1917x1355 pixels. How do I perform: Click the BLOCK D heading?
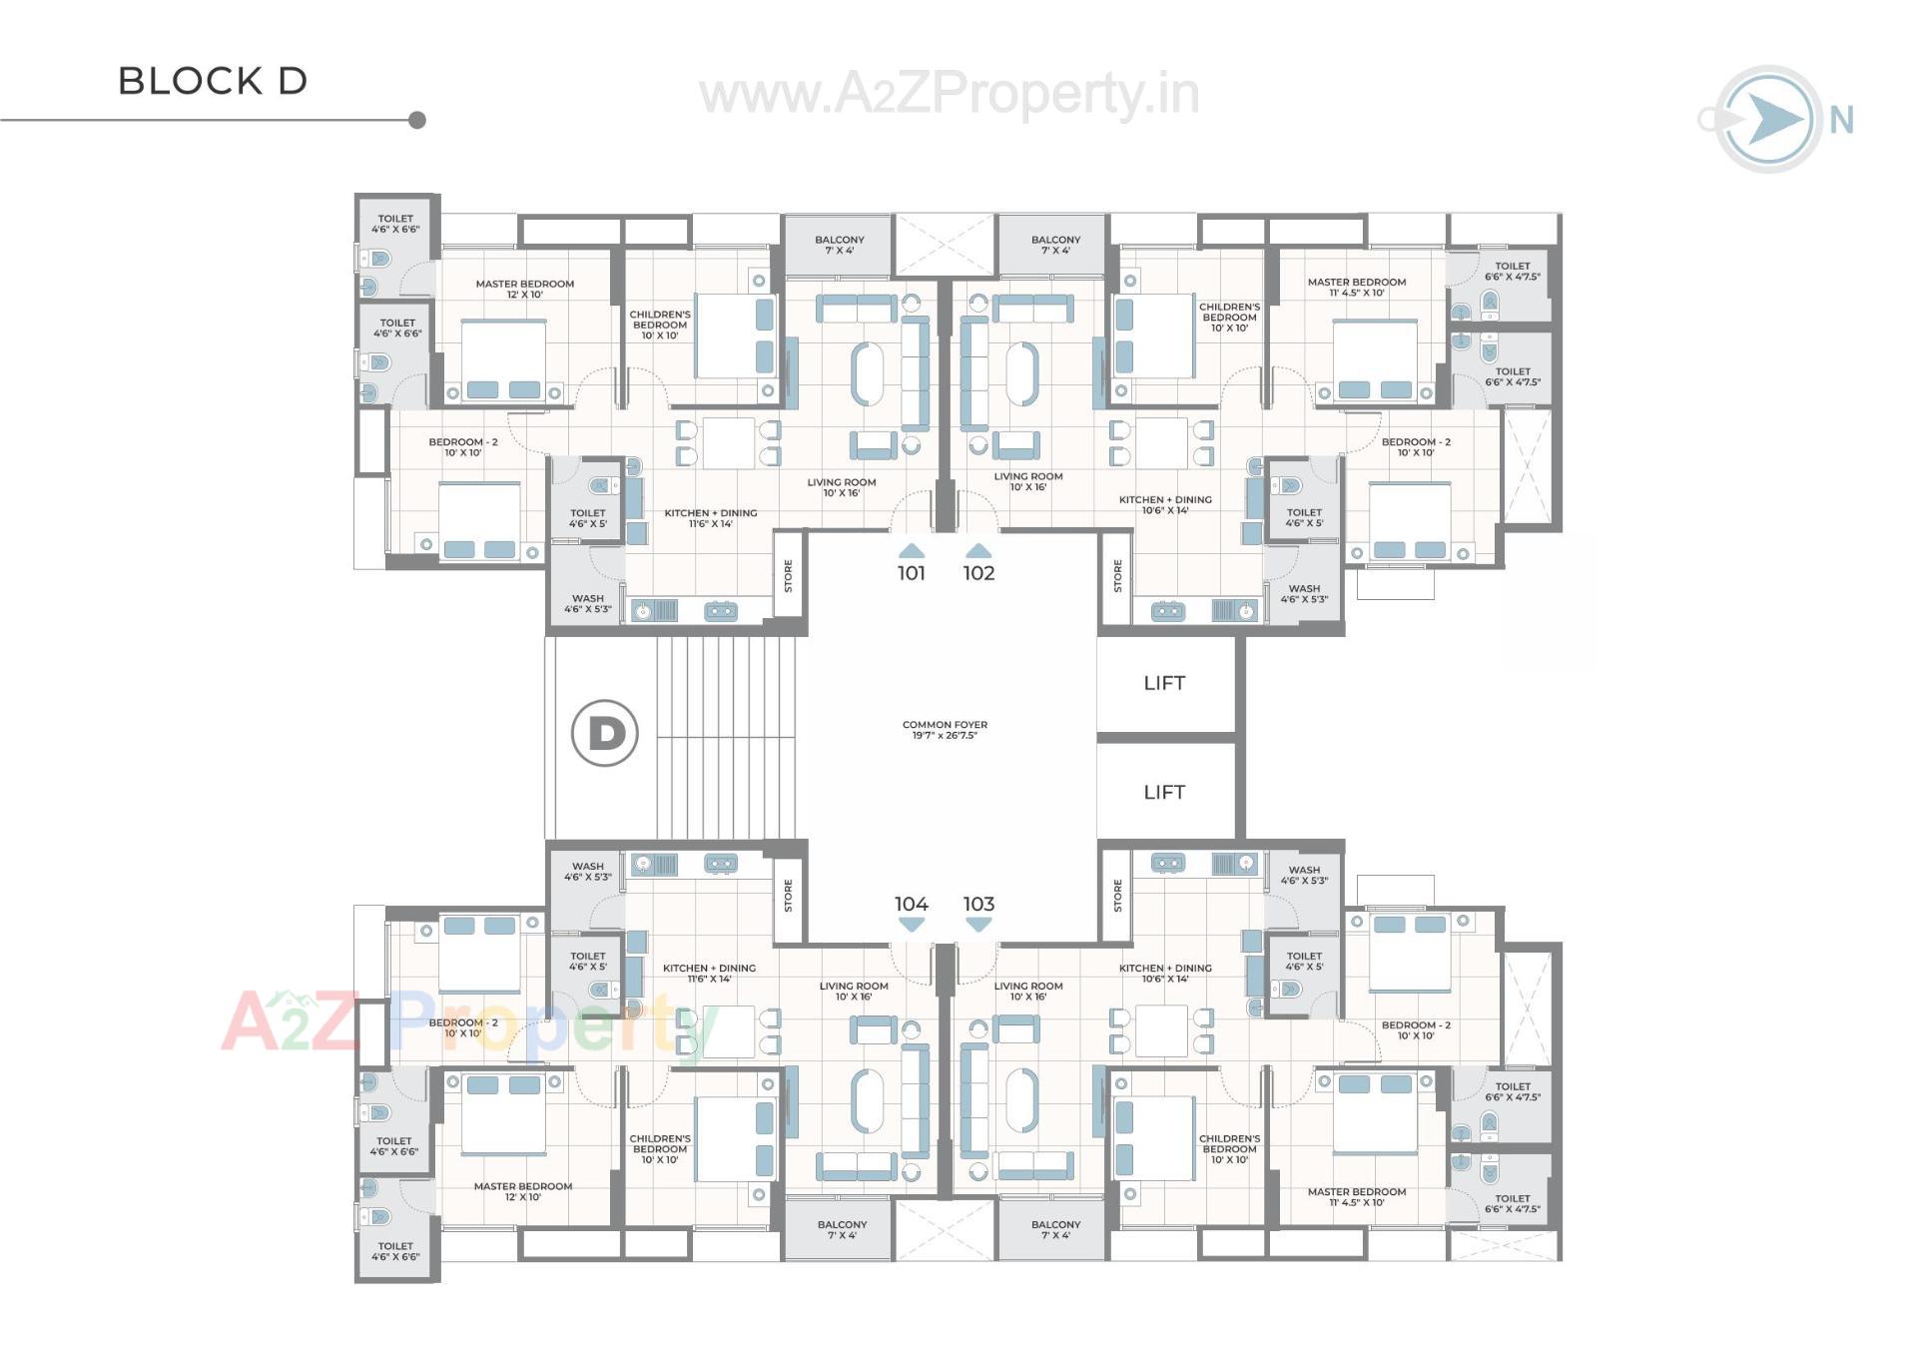213,81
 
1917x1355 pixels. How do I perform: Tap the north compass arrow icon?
1770,120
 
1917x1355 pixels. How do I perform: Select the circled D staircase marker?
605,734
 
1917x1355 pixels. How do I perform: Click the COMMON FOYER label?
945,730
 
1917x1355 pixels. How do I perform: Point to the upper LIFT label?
1164,684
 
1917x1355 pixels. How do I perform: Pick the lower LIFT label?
1164,793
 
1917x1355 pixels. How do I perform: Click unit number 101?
911,573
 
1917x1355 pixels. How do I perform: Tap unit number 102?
978,573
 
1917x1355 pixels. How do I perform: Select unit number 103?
978,904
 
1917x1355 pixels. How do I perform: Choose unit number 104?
911,904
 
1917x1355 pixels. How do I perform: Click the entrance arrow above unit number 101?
911,551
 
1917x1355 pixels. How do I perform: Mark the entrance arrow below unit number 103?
978,926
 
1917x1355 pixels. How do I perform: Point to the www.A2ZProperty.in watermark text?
949,95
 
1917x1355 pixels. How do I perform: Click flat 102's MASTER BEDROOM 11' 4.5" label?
1356,288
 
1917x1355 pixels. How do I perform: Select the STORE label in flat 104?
789,896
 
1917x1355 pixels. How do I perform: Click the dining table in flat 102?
1161,443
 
